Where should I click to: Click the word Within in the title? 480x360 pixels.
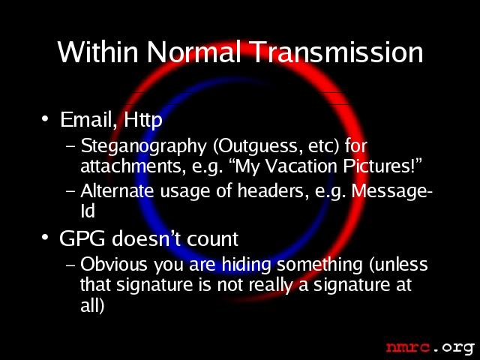click(x=98, y=52)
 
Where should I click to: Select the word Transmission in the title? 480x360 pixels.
click(x=337, y=52)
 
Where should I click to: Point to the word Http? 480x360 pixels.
click(x=143, y=120)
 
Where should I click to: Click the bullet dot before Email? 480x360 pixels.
click(x=45, y=118)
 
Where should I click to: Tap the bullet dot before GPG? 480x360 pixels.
click(x=45, y=237)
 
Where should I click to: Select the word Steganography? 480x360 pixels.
click(x=143, y=147)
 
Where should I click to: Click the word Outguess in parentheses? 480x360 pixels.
click(x=256, y=146)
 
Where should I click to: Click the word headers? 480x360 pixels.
click(x=273, y=190)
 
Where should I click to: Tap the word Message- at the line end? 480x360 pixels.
click(x=392, y=192)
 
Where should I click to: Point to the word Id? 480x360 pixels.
click(x=88, y=211)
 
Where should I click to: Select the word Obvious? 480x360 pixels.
click(x=114, y=264)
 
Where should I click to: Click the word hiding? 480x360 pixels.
click(x=247, y=265)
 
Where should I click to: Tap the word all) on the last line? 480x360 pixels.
click(x=92, y=304)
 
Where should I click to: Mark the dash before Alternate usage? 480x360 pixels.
click(x=70, y=191)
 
